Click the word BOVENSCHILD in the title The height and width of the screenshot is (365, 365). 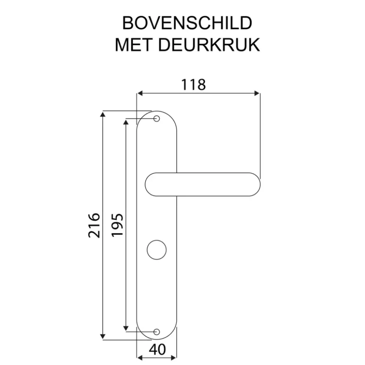pos(187,23)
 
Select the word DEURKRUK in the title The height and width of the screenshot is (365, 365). pos(209,45)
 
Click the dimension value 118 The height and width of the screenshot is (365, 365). pos(193,85)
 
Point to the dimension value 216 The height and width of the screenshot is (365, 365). pos(94,225)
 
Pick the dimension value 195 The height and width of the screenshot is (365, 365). pos(117,225)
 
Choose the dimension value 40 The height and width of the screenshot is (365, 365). pos(157,349)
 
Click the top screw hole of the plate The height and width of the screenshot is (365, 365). pos(157,119)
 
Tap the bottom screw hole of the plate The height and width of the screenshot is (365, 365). pos(157,332)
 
